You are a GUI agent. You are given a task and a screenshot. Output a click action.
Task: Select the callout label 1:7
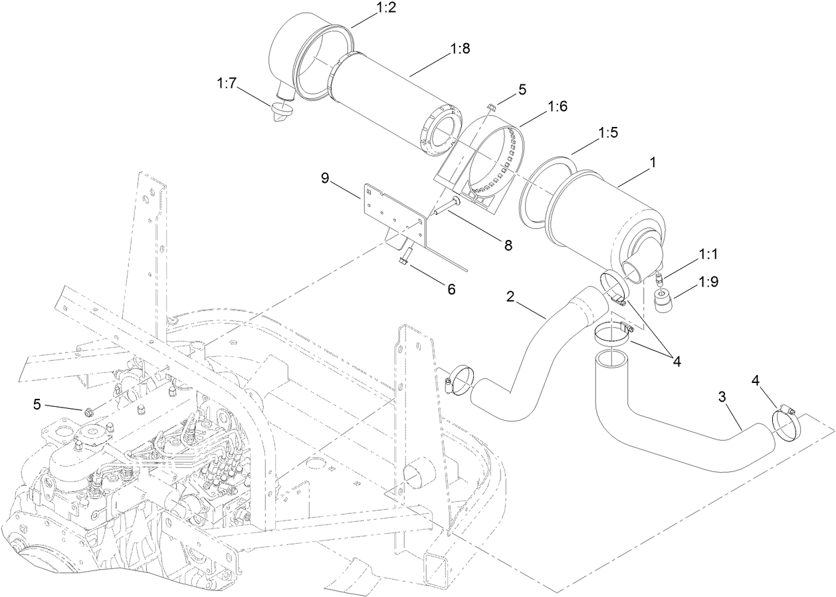click(x=227, y=82)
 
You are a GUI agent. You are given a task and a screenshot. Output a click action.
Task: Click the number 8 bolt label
click(x=508, y=245)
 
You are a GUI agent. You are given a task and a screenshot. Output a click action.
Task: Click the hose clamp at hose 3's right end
click(x=785, y=425)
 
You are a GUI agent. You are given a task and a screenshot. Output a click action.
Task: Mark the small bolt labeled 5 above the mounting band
click(x=490, y=107)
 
